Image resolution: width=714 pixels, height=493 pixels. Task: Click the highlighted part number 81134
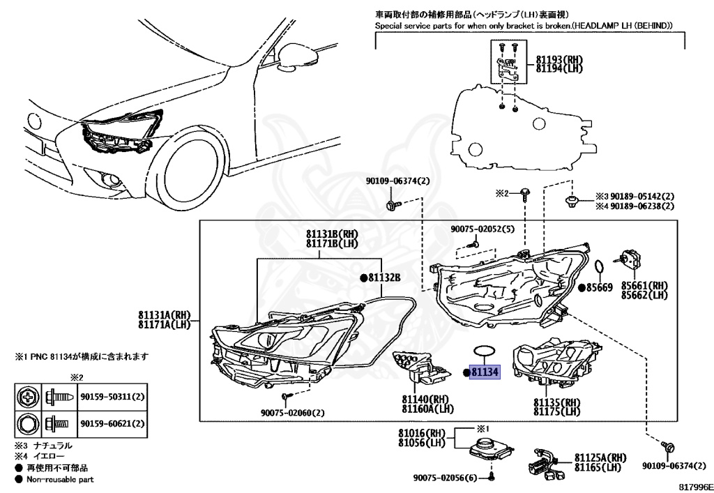485,372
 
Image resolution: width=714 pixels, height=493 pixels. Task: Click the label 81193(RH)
559,60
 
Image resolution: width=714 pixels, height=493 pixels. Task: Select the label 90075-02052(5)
482,229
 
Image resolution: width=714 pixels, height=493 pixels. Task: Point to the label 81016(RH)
422,432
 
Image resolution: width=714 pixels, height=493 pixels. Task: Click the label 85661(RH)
645,285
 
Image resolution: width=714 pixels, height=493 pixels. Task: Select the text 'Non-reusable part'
59,480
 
